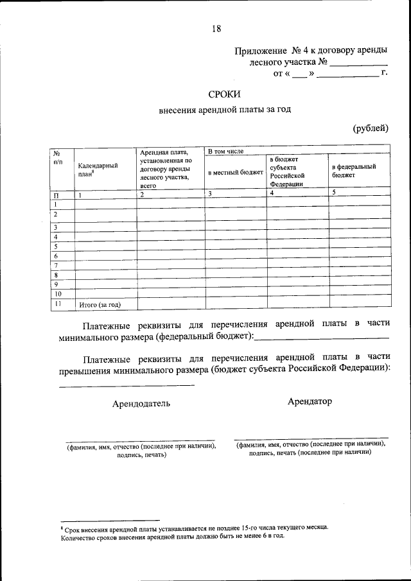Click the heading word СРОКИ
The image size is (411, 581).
(224, 95)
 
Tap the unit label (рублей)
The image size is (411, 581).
(371, 128)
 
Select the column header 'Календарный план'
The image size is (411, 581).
(97, 169)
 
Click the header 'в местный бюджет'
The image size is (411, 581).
(235, 173)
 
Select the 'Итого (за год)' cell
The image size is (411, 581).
(99, 305)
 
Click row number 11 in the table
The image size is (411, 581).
(58, 304)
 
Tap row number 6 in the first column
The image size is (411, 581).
(57, 256)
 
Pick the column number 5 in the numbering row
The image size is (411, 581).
(333, 192)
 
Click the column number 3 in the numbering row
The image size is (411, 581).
(209, 193)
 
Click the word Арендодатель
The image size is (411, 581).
(141, 404)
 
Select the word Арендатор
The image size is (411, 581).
(310, 401)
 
